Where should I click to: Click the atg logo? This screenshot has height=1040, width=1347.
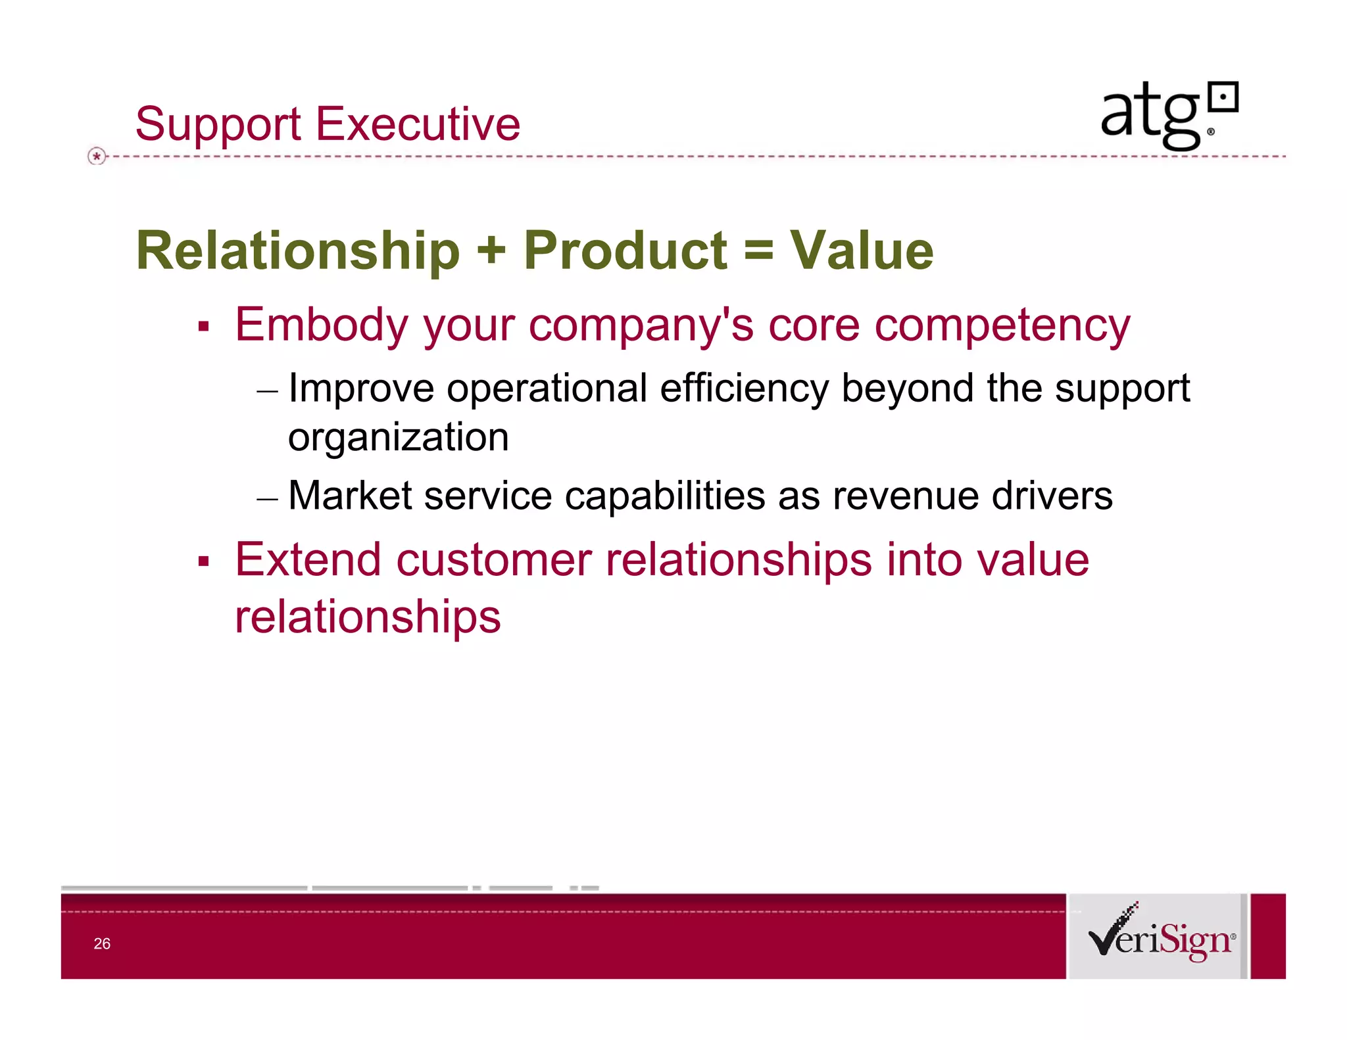pyautogui.click(x=1168, y=116)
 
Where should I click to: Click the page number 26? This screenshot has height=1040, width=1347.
pyautogui.click(x=102, y=943)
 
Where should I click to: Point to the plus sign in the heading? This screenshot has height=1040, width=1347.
pyautogui.click(x=491, y=251)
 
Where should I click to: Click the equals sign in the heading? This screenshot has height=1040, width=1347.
pyautogui.click(x=758, y=251)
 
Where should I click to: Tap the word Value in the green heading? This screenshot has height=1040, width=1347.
pyautogui.click(x=861, y=251)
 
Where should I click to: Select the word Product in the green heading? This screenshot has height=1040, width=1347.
pyautogui.click(x=625, y=251)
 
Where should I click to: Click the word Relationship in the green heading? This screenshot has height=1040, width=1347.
pyautogui.click(x=297, y=251)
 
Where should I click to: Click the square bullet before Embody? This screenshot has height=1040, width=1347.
pyautogui.click(x=203, y=327)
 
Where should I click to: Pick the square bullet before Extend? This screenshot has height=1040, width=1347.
pyautogui.click(x=203, y=561)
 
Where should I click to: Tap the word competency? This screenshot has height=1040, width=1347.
pyautogui.click(x=1002, y=326)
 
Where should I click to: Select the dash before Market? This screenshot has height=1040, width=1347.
pyautogui.click(x=267, y=499)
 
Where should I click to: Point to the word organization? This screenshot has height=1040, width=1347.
pyautogui.click(x=398, y=438)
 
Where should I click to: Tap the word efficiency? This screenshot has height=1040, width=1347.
pyautogui.click(x=744, y=389)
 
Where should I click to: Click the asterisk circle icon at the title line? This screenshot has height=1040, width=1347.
pyautogui.click(x=97, y=156)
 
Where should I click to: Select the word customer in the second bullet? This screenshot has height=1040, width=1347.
pyautogui.click(x=493, y=560)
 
